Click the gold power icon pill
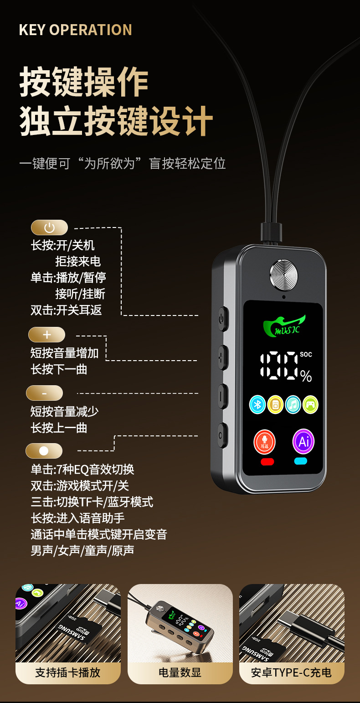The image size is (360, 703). [x=49, y=227]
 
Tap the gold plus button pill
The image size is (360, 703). [x=47, y=335]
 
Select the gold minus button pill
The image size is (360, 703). [x=44, y=393]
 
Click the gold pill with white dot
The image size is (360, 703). [x=44, y=451]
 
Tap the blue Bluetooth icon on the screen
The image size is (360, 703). [x=257, y=404]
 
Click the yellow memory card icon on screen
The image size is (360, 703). [x=275, y=404]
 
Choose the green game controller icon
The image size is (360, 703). [x=310, y=404]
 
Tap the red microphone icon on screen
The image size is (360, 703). [x=264, y=442]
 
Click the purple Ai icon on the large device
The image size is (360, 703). [x=303, y=441]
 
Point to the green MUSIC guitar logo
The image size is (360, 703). [x=284, y=326]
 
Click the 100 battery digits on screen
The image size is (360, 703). [x=278, y=365]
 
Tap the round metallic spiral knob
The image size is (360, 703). [x=284, y=275]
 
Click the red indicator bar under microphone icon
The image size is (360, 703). [x=267, y=461]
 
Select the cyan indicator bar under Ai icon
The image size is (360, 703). [x=301, y=461]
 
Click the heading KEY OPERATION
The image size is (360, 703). [x=75, y=30]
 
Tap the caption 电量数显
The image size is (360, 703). [x=180, y=672]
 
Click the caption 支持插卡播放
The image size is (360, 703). [x=68, y=672]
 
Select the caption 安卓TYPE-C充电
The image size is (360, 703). [x=291, y=672]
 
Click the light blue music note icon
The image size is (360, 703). [x=293, y=404]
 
